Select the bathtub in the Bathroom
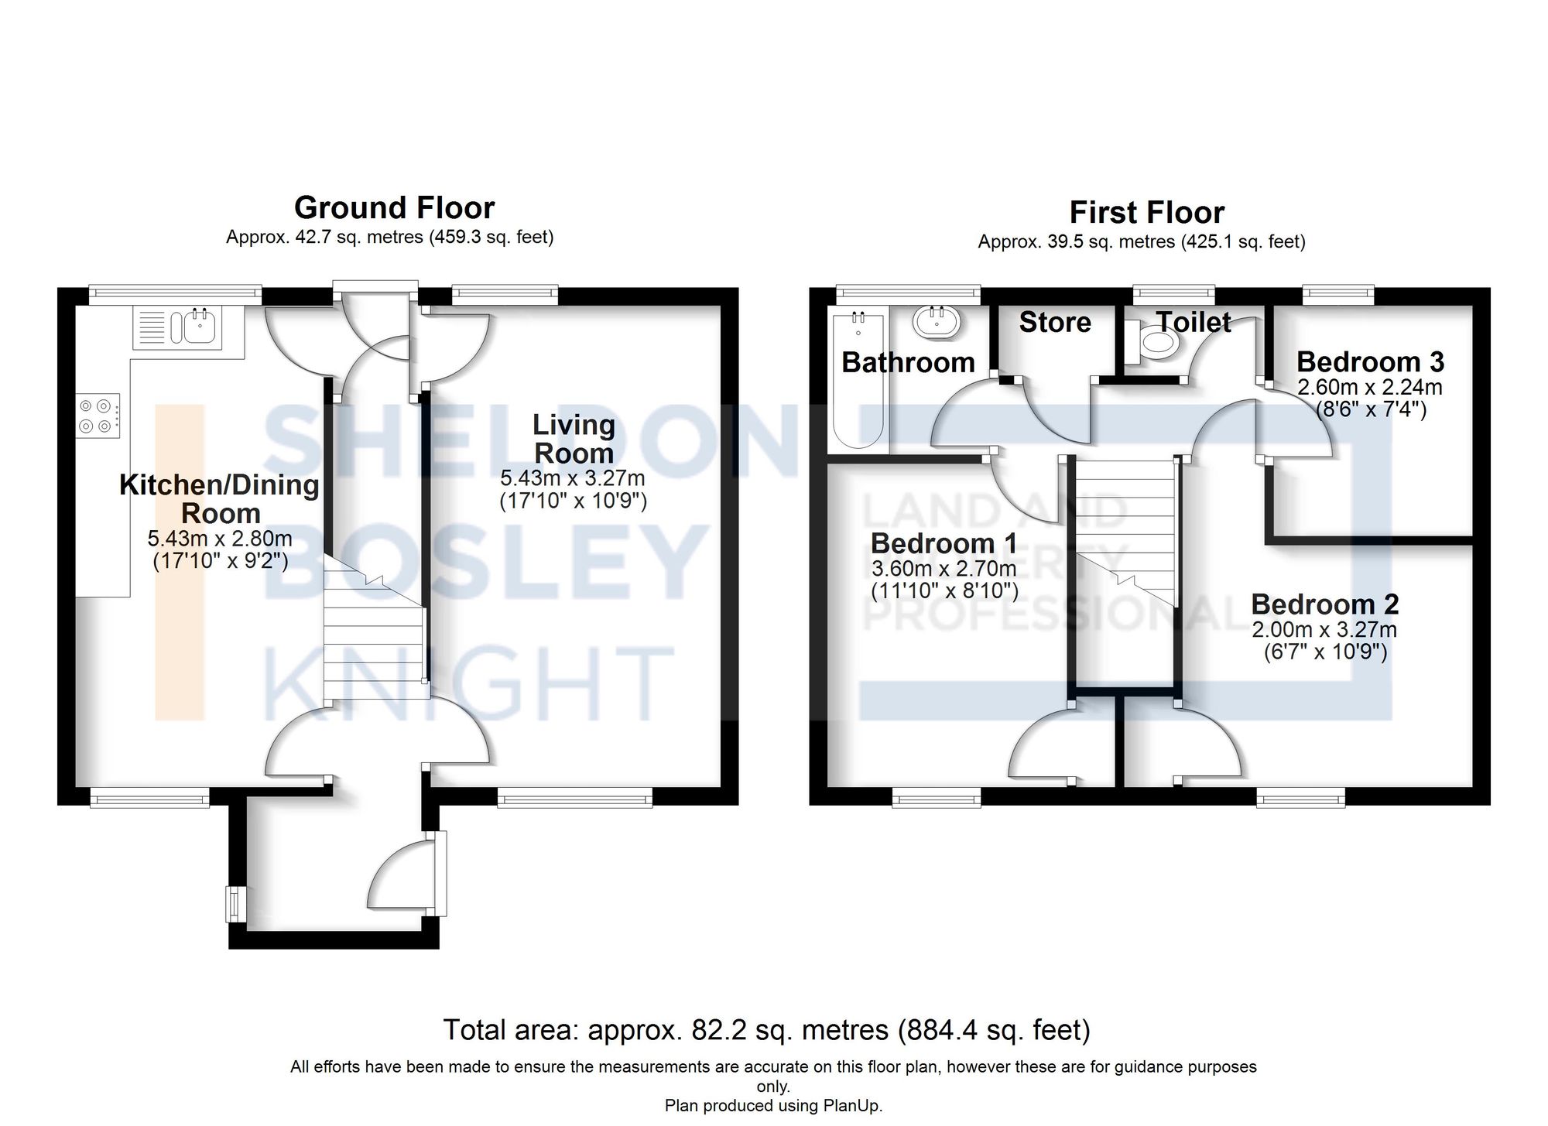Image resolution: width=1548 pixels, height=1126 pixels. (x=858, y=381)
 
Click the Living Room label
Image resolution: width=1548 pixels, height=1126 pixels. (x=574, y=439)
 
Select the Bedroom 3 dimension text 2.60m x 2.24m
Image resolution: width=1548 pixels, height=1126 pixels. (x=1369, y=387)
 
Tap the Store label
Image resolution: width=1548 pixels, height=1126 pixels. (x=1054, y=322)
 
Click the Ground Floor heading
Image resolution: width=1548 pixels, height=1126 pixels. (x=394, y=207)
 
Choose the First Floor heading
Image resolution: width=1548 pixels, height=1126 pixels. (x=1146, y=212)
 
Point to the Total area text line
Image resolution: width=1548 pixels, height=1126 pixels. (x=765, y=1030)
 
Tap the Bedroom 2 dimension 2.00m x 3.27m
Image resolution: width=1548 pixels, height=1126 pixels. (x=1324, y=629)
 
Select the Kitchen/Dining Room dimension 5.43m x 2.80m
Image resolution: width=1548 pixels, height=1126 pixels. (x=220, y=539)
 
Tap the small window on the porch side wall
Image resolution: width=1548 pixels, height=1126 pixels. (x=232, y=904)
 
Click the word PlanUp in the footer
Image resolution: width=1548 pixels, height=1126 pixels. (x=854, y=1105)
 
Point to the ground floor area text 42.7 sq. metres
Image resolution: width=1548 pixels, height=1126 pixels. (x=361, y=237)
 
